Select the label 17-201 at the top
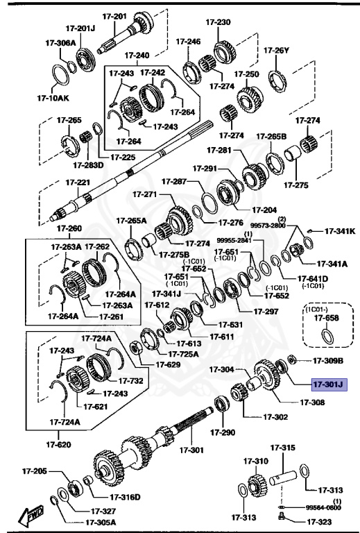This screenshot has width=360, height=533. (x=115, y=16)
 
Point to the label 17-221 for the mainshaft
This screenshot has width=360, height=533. (x=78, y=183)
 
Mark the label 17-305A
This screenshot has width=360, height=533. (x=101, y=522)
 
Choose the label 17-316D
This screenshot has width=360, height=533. (x=125, y=497)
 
